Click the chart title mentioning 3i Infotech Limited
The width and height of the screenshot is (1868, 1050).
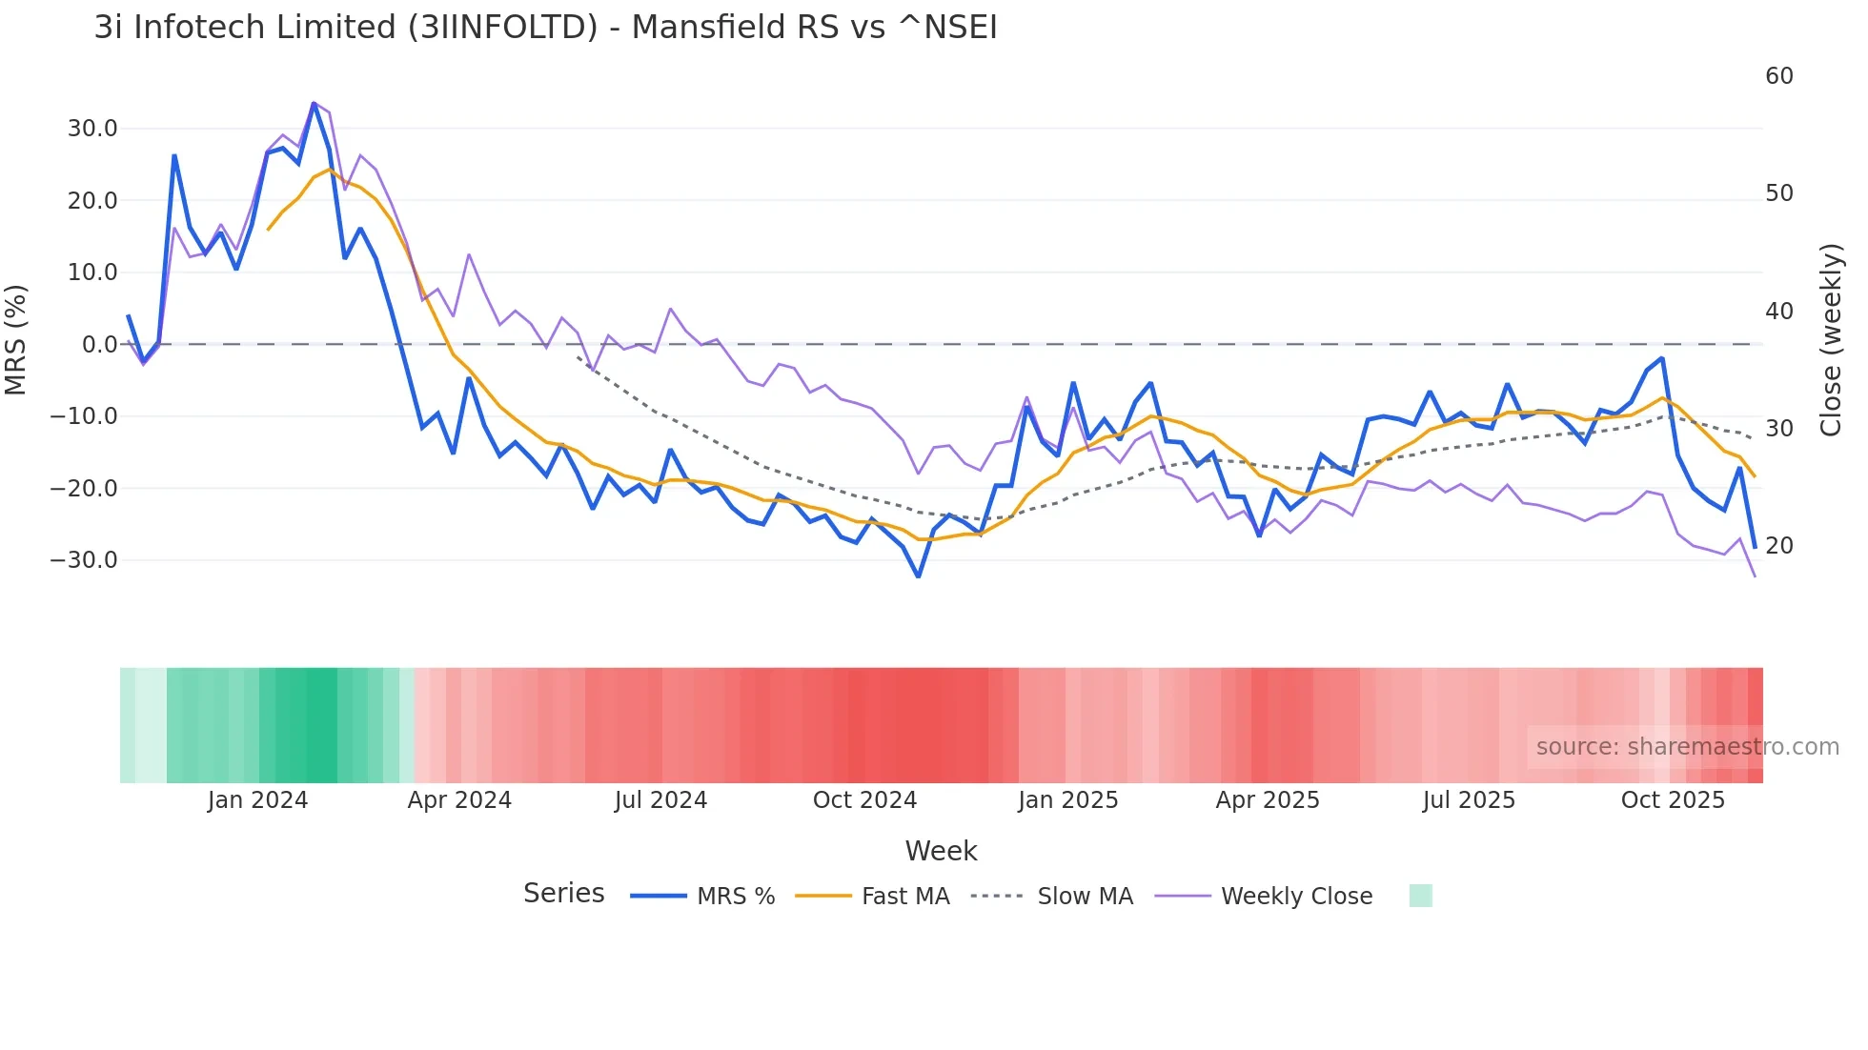pos(545,28)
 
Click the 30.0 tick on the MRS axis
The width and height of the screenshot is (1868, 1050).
pos(92,129)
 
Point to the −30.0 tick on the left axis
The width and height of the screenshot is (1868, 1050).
pos(84,560)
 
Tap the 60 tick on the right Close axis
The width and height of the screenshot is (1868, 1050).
pos(1778,76)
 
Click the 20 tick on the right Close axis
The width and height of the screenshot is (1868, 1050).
pos(1778,546)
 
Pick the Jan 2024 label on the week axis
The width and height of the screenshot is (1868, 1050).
pos(257,800)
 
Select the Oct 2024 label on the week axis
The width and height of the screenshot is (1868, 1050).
pos(864,800)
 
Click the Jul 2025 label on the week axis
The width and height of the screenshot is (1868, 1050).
pos(1469,800)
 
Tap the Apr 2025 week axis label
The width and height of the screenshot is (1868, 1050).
pos(1268,800)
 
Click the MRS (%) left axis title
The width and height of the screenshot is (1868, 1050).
pos(16,339)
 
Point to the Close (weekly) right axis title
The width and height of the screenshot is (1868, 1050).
pos(1831,340)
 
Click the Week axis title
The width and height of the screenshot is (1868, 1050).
pos(941,851)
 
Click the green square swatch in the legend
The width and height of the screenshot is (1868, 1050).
pos(1420,896)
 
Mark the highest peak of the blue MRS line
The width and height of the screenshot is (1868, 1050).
pos(314,103)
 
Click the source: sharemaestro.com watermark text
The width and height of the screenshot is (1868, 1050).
pos(1687,747)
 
